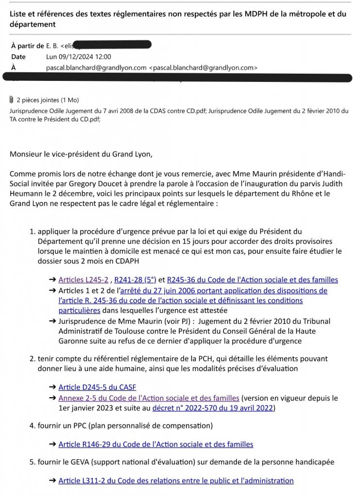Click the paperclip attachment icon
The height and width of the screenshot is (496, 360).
click(11, 100)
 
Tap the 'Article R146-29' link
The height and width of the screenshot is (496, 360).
click(156, 444)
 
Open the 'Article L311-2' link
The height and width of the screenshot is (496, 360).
click(176, 480)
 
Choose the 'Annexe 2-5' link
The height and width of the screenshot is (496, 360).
click(149, 398)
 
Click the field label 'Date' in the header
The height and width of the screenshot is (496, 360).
click(18, 57)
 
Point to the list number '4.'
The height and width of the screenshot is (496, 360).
click(32, 426)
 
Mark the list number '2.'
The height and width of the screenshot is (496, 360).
click(32, 359)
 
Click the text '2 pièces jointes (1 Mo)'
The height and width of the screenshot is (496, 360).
click(47, 100)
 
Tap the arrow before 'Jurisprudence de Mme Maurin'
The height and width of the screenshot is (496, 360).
click(52, 321)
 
